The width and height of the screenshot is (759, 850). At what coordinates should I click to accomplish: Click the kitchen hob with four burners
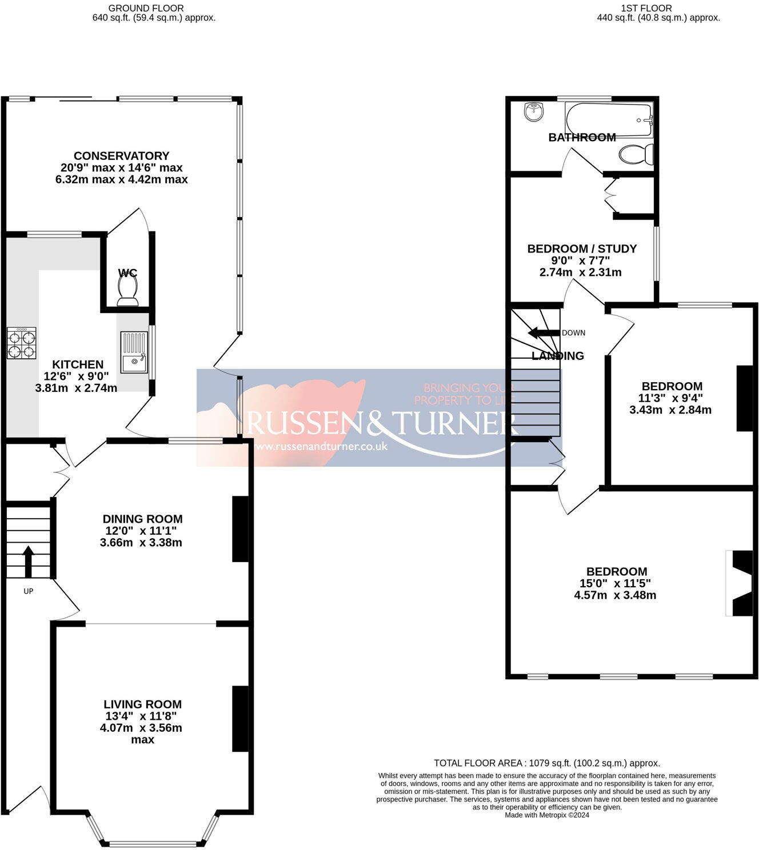(x=21, y=343)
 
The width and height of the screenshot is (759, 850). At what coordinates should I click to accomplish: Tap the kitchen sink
(x=134, y=353)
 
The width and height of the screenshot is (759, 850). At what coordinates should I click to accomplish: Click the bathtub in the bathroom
(x=609, y=119)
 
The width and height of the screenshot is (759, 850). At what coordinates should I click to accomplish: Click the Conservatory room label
(x=122, y=156)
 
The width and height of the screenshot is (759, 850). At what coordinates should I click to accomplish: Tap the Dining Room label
(x=143, y=519)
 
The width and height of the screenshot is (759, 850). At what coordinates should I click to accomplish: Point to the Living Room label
(x=143, y=704)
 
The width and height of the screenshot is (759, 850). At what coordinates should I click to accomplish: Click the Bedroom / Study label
(x=582, y=248)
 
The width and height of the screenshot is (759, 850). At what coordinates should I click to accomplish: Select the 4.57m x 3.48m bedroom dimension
(x=615, y=595)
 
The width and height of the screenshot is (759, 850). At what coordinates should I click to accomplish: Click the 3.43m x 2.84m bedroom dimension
(x=670, y=410)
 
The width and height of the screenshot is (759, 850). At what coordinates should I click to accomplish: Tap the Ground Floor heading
(x=146, y=8)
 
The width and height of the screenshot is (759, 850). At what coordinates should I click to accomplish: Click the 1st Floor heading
(x=646, y=8)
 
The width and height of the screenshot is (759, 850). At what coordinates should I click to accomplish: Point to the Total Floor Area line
(x=547, y=763)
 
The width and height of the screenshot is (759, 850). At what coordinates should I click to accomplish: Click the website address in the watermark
(x=321, y=446)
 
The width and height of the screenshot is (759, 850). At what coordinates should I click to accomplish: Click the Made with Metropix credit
(x=547, y=815)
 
